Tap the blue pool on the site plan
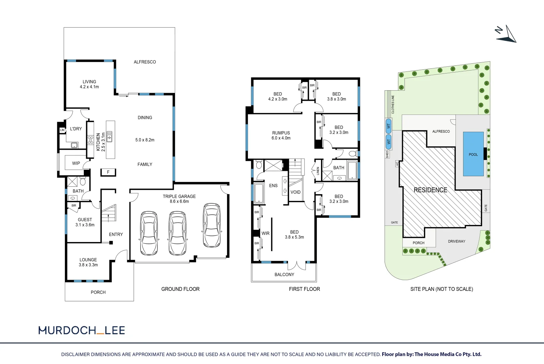473,154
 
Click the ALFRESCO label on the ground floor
145,62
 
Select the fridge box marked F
108,172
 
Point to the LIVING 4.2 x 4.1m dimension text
89,87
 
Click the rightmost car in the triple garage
212,225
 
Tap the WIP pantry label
76,163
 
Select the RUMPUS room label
281,133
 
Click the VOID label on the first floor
296,192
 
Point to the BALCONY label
284,274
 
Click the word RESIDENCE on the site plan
430,190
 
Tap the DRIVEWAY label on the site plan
457,241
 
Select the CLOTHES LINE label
393,104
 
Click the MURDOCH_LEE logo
82,330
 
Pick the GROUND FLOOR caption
180,289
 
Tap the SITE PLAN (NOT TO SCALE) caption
442,289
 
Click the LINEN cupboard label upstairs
318,171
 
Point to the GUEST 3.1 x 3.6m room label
85,222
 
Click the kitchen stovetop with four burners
90,141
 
